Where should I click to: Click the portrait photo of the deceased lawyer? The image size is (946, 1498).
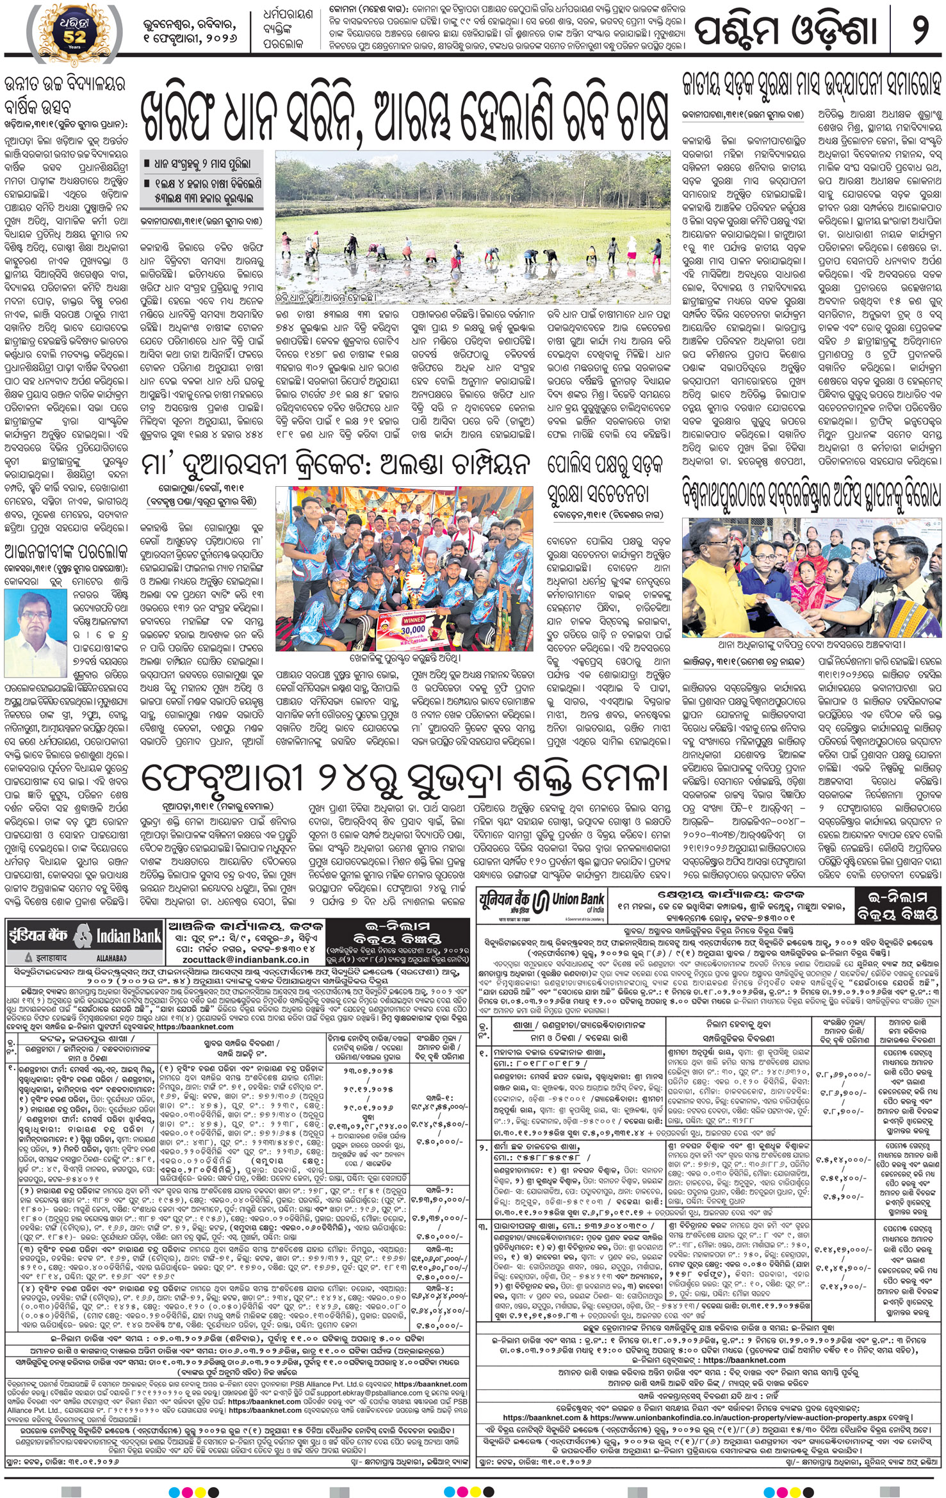point(26,621)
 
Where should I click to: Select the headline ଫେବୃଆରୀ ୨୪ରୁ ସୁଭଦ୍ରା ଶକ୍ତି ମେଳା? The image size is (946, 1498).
point(404,779)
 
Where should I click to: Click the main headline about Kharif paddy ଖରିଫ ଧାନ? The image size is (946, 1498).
point(404,114)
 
